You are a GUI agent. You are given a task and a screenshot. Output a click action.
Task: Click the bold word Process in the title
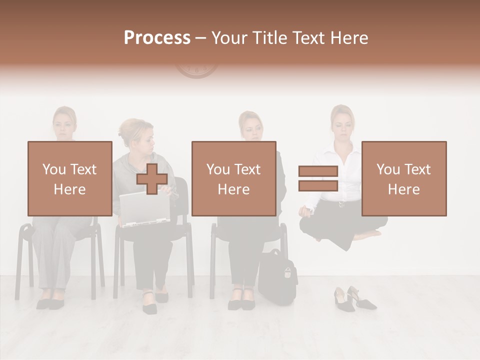point(157,38)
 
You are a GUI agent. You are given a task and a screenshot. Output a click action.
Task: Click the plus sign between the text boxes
point(152,178)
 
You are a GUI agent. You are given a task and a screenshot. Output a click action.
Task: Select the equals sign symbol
point(318,178)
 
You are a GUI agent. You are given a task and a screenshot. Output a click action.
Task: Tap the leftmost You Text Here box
point(69,178)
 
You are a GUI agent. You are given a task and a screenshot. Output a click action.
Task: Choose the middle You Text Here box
point(233,178)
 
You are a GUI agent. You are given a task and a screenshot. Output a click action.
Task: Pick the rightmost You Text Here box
point(403,178)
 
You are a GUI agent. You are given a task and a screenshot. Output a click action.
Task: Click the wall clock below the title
point(196,70)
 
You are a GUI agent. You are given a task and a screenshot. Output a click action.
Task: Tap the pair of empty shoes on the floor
point(353,298)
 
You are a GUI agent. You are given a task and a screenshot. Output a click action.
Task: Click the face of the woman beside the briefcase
point(251,129)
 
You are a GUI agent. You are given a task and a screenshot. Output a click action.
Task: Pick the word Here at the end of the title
point(350,38)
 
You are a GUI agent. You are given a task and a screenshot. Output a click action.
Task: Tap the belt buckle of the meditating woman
point(342,203)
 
